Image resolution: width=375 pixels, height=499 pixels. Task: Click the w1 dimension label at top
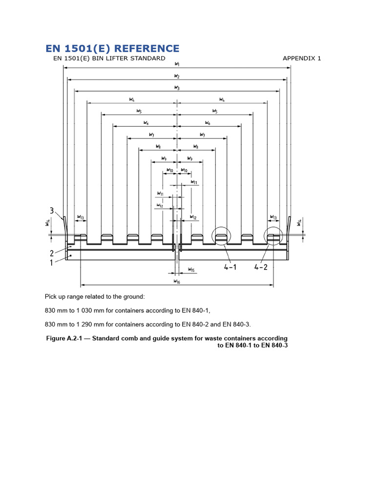[x=177, y=64]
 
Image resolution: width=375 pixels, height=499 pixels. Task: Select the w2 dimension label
[x=177, y=76]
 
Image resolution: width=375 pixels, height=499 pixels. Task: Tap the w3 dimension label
[x=177, y=87]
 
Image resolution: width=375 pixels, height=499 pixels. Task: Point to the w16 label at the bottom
[x=177, y=282]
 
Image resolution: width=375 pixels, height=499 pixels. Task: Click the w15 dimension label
[x=191, y=270]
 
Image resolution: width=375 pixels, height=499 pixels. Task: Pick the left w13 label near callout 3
[x=81, y=217]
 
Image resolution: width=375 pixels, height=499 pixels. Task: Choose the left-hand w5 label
[x=140, y=111]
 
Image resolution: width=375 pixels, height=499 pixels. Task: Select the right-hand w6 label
[x=208, y=123]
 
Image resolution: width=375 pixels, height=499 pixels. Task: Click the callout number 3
[x=52, y=211]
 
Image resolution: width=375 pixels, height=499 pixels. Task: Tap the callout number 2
[x=52, y=252]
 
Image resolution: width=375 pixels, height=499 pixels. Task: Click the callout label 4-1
[x=231, y=267]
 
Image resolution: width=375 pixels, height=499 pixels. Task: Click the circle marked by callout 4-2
[x=273, y=236]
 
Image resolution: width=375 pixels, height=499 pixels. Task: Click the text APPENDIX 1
[x=302, y=58]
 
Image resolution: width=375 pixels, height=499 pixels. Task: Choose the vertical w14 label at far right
[x=299, y=223]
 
